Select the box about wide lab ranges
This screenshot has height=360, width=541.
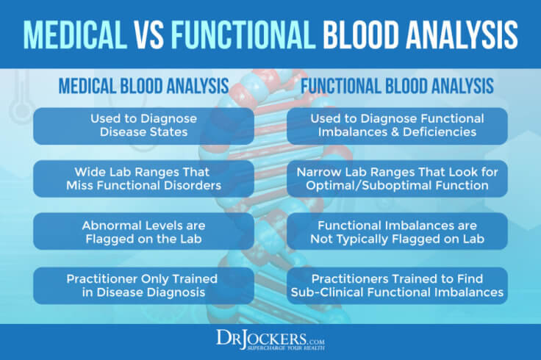point(133,179)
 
